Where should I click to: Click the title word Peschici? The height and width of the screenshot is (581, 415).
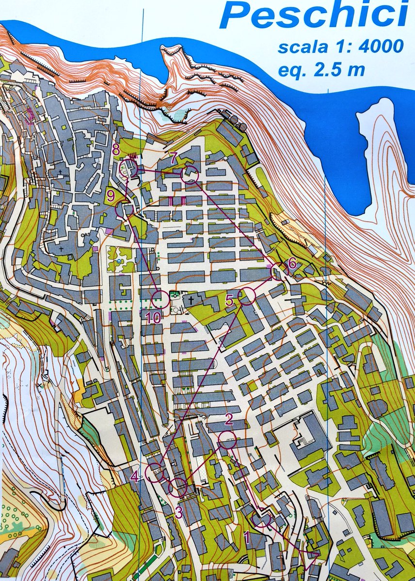(x=313, y=15)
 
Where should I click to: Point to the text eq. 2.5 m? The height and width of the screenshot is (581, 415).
(x=321, y=69)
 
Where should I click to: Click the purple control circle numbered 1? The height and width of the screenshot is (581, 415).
(x=261, y=519)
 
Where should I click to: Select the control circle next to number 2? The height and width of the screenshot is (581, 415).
(x=227, y=440)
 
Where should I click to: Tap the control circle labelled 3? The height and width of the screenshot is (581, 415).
(x=178, y=487)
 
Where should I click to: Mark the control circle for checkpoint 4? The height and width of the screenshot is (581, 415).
(x=155, y=472)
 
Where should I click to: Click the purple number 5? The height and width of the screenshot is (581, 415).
(x=230, y=301)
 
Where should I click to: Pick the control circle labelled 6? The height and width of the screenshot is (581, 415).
(x=279, y=272)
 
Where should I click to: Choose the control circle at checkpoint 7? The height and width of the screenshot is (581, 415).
(x=190, y=175)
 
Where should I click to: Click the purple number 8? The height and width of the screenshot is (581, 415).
(x=116, y=149)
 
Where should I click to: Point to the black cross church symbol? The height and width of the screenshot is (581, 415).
(x=191, y=301)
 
